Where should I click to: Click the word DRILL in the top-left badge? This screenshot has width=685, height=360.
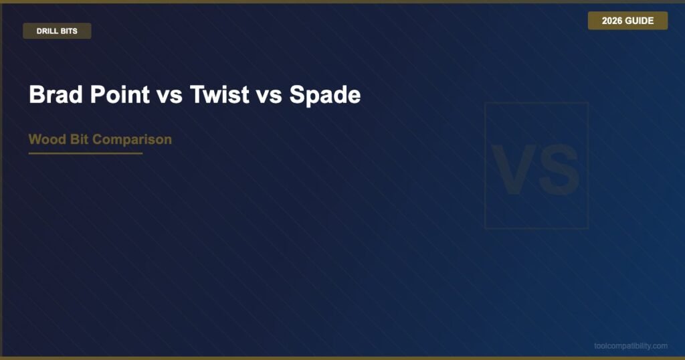tap(47, 31)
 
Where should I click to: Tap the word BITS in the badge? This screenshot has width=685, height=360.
tap(69, 31)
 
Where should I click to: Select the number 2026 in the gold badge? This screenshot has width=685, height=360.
tap(612, 21)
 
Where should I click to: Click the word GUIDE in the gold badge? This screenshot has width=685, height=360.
tap(640, 21)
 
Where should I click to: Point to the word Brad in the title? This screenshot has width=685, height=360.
tap(56, 94)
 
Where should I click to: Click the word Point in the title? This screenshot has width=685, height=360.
tap(120, 94)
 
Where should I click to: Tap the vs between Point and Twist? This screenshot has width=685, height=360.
tap(169, 97)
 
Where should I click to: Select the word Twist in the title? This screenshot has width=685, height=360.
tap(219, 94)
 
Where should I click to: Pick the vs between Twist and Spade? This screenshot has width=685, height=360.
tap(269, 97)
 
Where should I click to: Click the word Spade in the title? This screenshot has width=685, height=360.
tap(325, 95)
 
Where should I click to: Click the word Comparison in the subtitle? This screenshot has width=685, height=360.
tap(132, 140)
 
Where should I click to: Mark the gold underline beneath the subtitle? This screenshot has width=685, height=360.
tap(86, 153)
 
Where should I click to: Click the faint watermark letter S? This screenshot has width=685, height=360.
tap(559, 169)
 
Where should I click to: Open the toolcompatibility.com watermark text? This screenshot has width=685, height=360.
tap(631, 346)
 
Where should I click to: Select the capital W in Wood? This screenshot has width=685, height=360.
tap(36, 139)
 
